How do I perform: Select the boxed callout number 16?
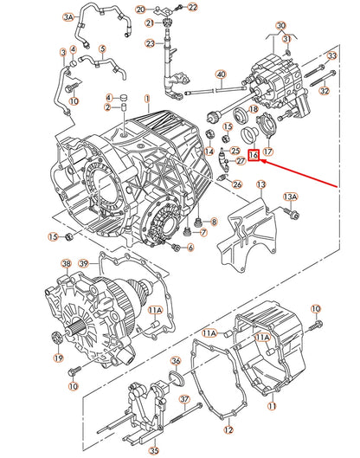coord(254,156)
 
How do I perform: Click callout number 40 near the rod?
coord(221,75)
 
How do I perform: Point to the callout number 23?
coord(150,43)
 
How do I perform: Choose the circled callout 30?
coord(280,26)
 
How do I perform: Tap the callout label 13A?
coord(291,197)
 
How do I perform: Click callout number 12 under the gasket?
coord(228,429)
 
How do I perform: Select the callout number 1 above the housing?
coord(147,100)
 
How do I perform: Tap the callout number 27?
coord(241,161)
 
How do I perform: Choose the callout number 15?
coord(53,236)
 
